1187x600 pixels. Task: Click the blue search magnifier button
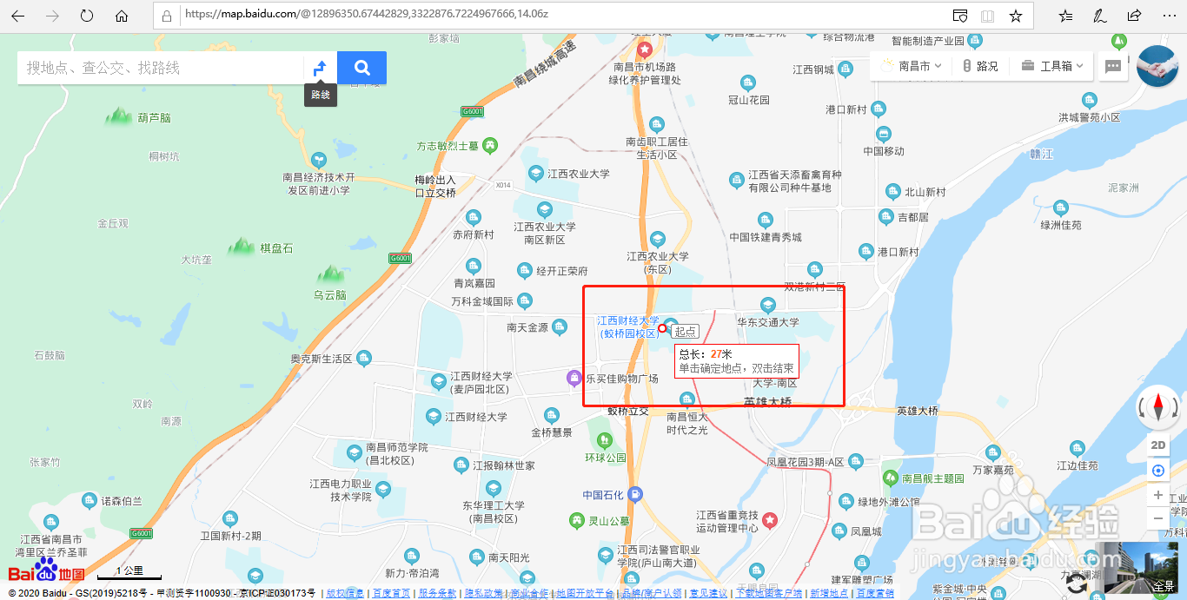361,68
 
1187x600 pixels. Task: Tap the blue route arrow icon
320,68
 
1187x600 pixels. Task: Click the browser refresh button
86,16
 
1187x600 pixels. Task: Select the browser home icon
122,16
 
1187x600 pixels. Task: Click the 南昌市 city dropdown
912,66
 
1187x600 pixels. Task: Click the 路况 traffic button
980,66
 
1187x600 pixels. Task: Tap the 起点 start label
685,332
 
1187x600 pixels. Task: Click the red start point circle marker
662,328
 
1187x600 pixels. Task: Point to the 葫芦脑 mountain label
155,118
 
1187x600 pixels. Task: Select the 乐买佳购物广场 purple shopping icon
574,378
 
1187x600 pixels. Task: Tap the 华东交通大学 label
768,323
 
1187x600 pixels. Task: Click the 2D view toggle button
1157,445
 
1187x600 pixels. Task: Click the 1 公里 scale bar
129,572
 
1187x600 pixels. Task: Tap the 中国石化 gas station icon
636,494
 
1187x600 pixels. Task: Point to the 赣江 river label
1041,154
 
